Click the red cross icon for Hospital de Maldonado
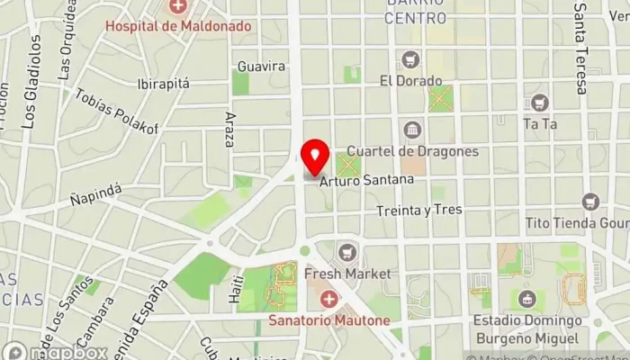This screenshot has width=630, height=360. [178, 8]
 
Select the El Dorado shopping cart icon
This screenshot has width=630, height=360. [411, 60]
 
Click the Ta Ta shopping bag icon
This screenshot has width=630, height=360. [539, 103]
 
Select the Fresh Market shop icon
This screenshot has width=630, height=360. [347, 253]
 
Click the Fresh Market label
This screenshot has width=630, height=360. [347, 273]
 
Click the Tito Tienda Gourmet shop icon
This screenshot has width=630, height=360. [590, 202]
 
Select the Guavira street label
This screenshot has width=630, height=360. [261, 67]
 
